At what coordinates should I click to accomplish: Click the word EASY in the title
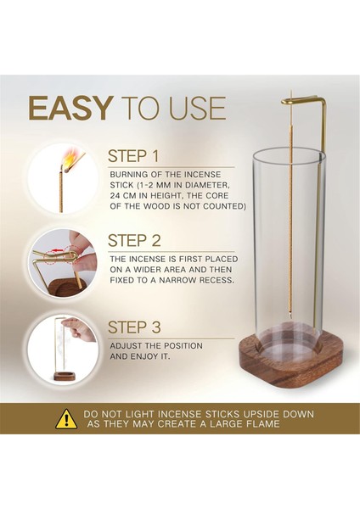pos(70,108)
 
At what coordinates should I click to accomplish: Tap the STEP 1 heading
pos(133,156)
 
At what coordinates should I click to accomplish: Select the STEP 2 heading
pos(134,241)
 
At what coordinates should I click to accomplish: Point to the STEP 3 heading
pos(134,327)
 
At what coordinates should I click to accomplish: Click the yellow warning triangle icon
pos(66,419)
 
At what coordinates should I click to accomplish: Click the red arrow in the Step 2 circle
pos(58,250)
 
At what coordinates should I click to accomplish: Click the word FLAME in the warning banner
pos(263,423)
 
